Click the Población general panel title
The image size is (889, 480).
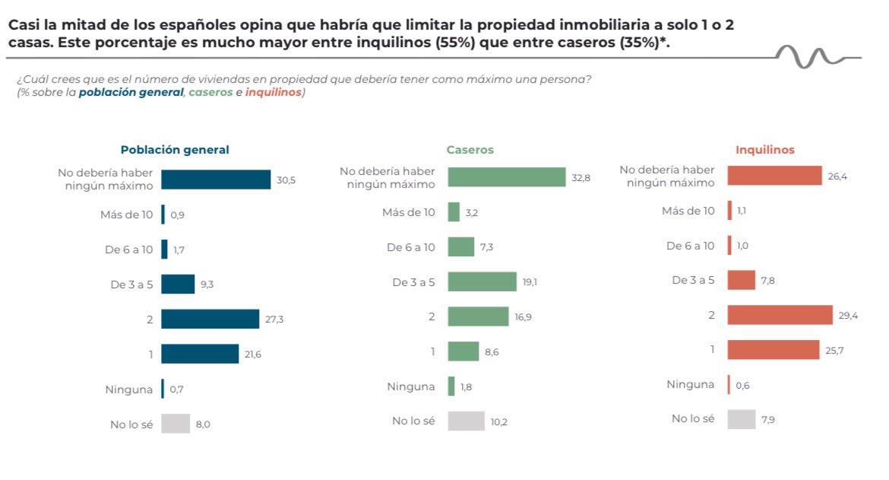[x=175, y=150]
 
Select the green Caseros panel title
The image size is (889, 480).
[x=470, y=150]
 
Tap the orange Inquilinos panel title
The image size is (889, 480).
[x=764, y=150]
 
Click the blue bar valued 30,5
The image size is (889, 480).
[x=216, y=180]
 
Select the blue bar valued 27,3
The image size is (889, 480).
[x=210, y=319]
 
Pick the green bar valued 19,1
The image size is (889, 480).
[x=482, y=281]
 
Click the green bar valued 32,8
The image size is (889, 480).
[x=507, y=177]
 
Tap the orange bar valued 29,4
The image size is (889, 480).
[x=780, y=315]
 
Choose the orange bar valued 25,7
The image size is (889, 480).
[x=773, y=350]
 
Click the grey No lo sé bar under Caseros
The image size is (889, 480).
[x=466, y=421]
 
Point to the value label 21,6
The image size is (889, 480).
[x=253, y=354]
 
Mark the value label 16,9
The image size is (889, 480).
[x=523, y=317]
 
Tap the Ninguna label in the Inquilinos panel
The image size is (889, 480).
[x=690, y=384]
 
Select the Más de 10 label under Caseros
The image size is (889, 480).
[x=408, y=212]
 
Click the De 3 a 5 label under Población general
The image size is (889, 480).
[x=131, y=285]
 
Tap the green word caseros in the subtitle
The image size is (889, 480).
[x=210, y=92]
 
